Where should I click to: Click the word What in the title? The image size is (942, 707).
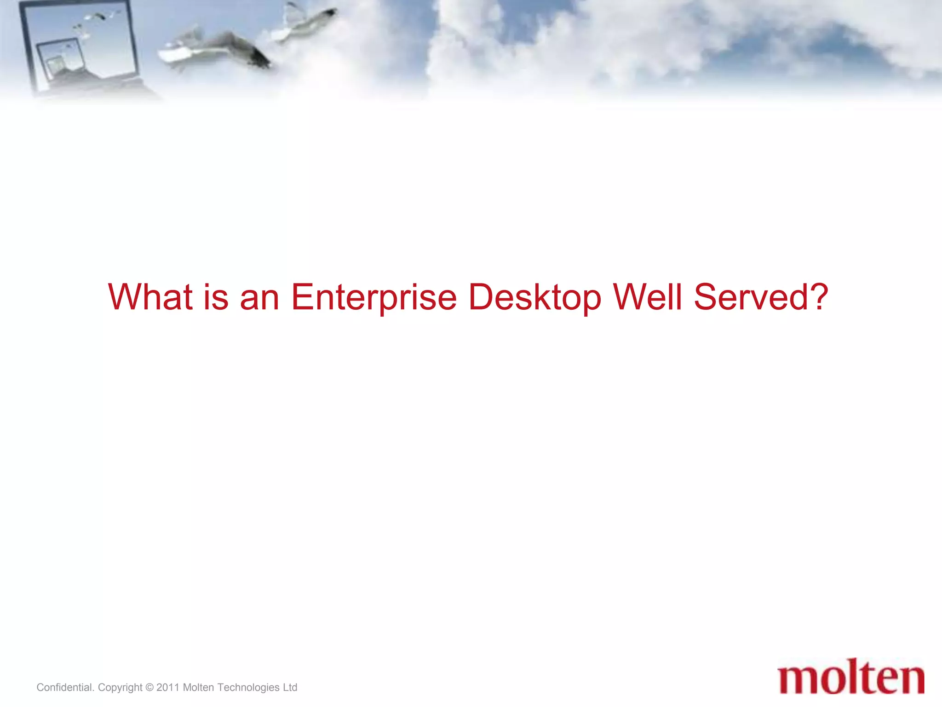(x=150, y=297)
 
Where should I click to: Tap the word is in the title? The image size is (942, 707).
(x=216, y=297)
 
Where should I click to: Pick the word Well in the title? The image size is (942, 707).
(x=648, y=297)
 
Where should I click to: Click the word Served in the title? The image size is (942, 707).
(x=750, y=297)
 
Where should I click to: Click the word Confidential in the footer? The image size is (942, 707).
(x=65, y=687)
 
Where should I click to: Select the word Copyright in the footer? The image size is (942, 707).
(x=120, y=688)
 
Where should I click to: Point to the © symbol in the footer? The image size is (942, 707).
(x=149, y=687)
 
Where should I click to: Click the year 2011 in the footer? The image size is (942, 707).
(x=168, y=687)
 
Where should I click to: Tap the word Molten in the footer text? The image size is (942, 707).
(x=198, y=687)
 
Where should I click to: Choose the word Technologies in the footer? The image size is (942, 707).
(x=248, y=688)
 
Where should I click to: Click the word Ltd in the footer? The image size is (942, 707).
(x=290, y=687)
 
